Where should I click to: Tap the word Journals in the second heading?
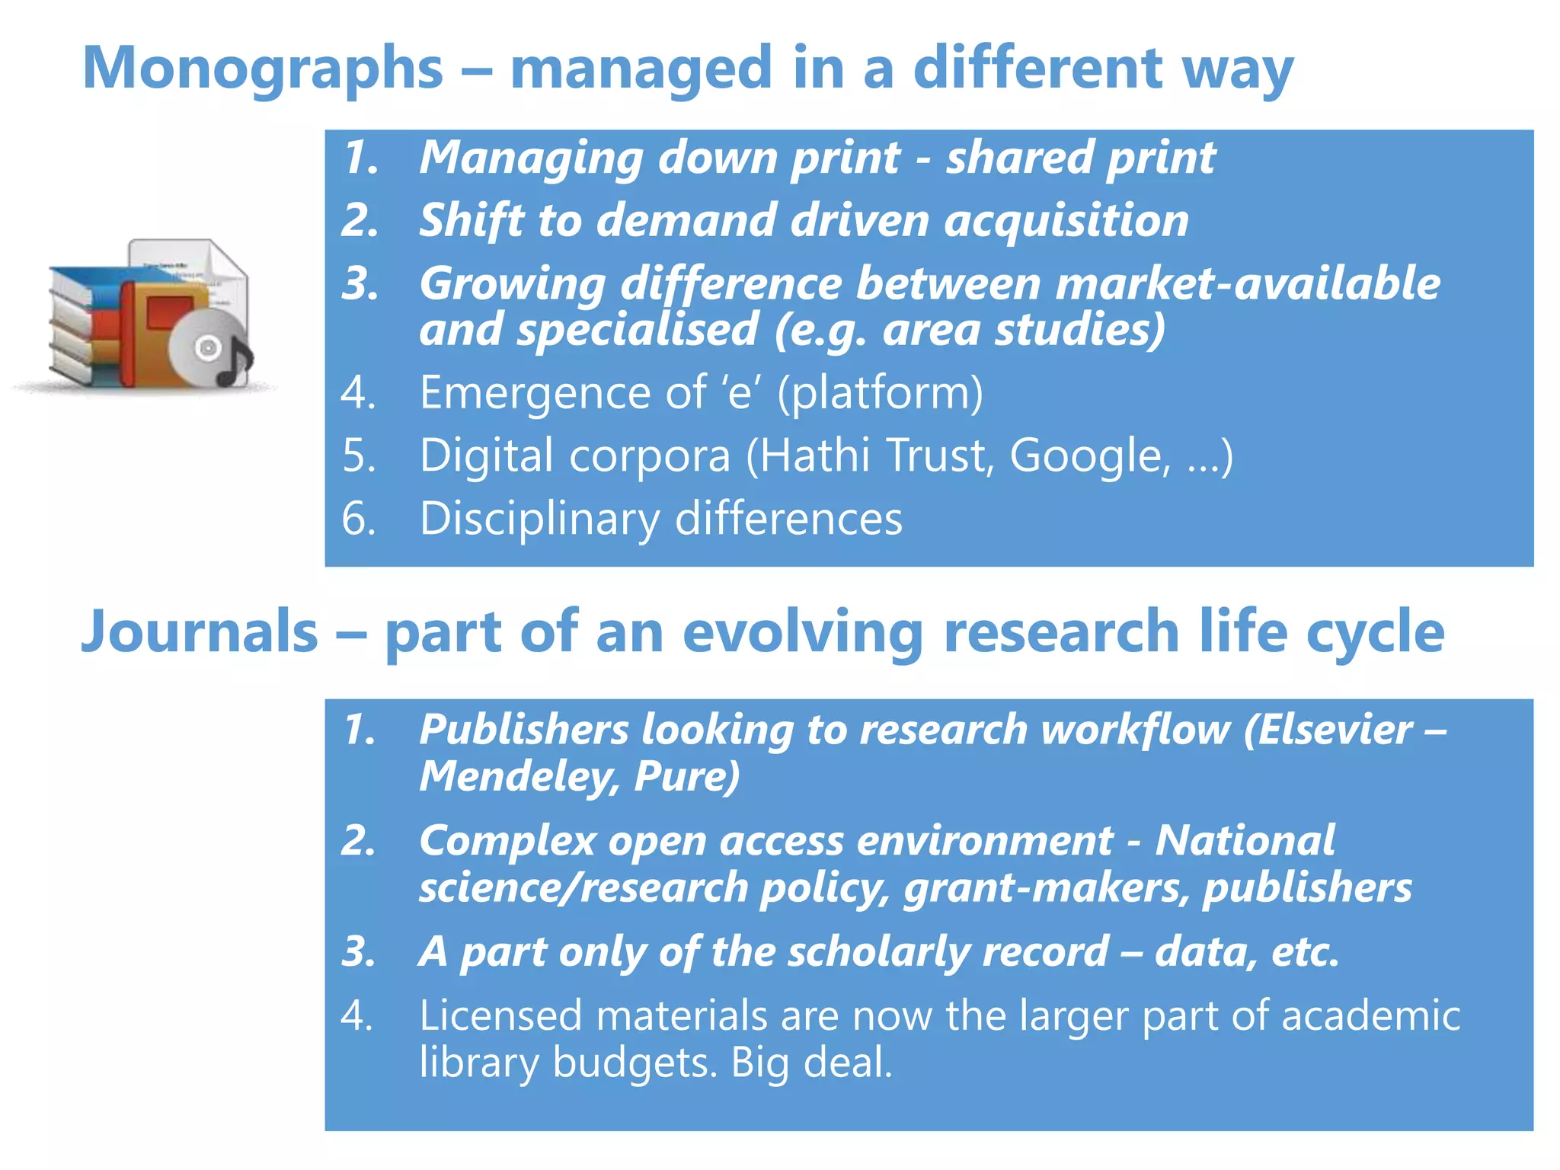point(200,632)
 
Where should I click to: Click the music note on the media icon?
point(234,363)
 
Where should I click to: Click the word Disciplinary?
point(539,519)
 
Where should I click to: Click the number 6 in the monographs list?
point(358,519)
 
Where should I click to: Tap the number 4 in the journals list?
point(356,1016)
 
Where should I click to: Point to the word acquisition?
point(1066,221)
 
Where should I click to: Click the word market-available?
point(1248,283)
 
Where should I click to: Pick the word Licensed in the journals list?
point(500,1016)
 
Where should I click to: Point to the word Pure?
point(686,777)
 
